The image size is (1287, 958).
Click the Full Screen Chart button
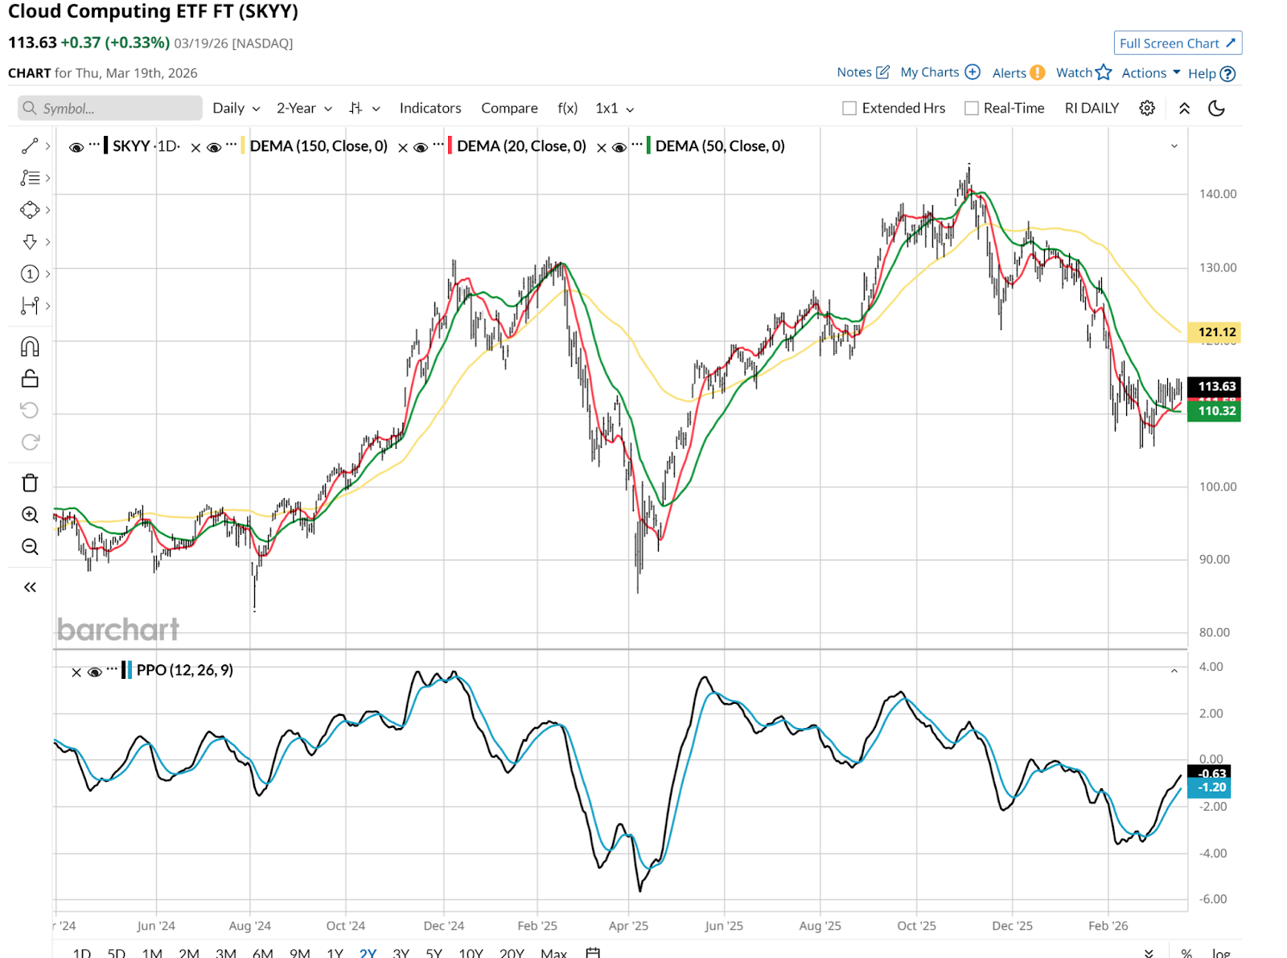click(x=1177, y=43)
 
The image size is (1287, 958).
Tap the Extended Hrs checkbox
click(x=849, y=109)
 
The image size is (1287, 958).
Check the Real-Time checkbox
click(x=972, y=109)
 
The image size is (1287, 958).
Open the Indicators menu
click(x=430, y=109)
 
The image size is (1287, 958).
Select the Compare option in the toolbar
click(x=509, y=109)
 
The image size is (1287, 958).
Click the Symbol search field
click(x=110, y=109)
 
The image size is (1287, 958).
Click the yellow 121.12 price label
click(x=1215, y=332)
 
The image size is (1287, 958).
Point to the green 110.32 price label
click(x=1216, y=411)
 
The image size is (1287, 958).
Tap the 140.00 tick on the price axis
click(x=1217, y=194)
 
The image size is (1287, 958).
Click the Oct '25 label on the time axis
click(x=916, y=926)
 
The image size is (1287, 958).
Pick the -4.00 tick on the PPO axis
click(x=1212, y=853)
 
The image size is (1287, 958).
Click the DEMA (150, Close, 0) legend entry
click(x=319, y=146)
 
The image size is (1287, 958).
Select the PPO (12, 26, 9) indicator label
click(x=184, y=670)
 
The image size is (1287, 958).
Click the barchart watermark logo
click(x=118, y=630)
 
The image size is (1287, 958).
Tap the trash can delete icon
click(x=30, y=483)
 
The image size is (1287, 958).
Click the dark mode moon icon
click(x=1216, y=109)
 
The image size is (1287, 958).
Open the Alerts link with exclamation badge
click(x=1018, y=73)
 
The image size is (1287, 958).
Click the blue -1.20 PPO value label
click(x=1211, y=787)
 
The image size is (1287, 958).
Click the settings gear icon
click(x=1147, y=109)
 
